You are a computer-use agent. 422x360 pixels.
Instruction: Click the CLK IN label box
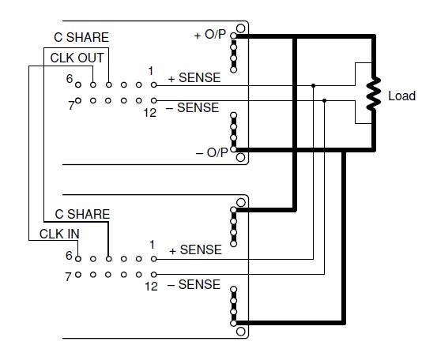point(58,234)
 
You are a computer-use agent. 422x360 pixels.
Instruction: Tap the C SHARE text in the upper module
point(81,38)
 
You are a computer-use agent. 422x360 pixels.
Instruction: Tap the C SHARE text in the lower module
point(81,214)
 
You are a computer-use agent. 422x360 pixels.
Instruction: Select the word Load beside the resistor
point(401,96)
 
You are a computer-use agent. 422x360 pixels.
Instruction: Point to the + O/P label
point(209,36)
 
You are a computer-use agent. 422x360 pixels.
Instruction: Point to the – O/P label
point(211,152)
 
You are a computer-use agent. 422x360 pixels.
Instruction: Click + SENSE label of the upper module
point(194,78)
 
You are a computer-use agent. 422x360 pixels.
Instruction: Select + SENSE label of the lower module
point(194,250)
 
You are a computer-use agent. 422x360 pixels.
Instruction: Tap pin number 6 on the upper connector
point(70,79)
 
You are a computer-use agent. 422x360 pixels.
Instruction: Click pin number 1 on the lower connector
point(152,243)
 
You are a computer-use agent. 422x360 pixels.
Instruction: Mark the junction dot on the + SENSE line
point(313,85)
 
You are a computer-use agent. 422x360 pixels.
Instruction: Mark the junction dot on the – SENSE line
point(325,100)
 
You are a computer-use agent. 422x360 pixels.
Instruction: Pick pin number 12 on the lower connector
point(151,286)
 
